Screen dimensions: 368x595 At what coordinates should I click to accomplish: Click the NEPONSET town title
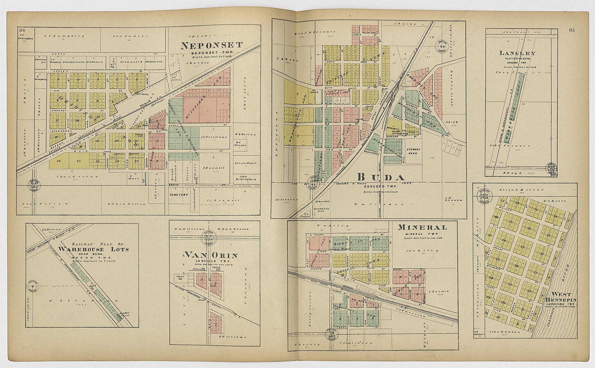pyautogui.click(x=211, y=45)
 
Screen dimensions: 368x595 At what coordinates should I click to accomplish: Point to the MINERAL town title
pyautogui.click(x=418, y=227)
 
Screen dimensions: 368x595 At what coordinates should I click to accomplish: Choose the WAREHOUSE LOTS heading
pyautogui.click(x=93, y=249)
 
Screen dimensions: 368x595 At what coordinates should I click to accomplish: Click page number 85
pyautogui.click(x=572, y=30)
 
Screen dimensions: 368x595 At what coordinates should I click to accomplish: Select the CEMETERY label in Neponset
pyautogui.click(x=179, y=195)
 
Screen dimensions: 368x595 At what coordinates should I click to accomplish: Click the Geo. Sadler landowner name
pyautogui.click(x=130, y=36)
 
